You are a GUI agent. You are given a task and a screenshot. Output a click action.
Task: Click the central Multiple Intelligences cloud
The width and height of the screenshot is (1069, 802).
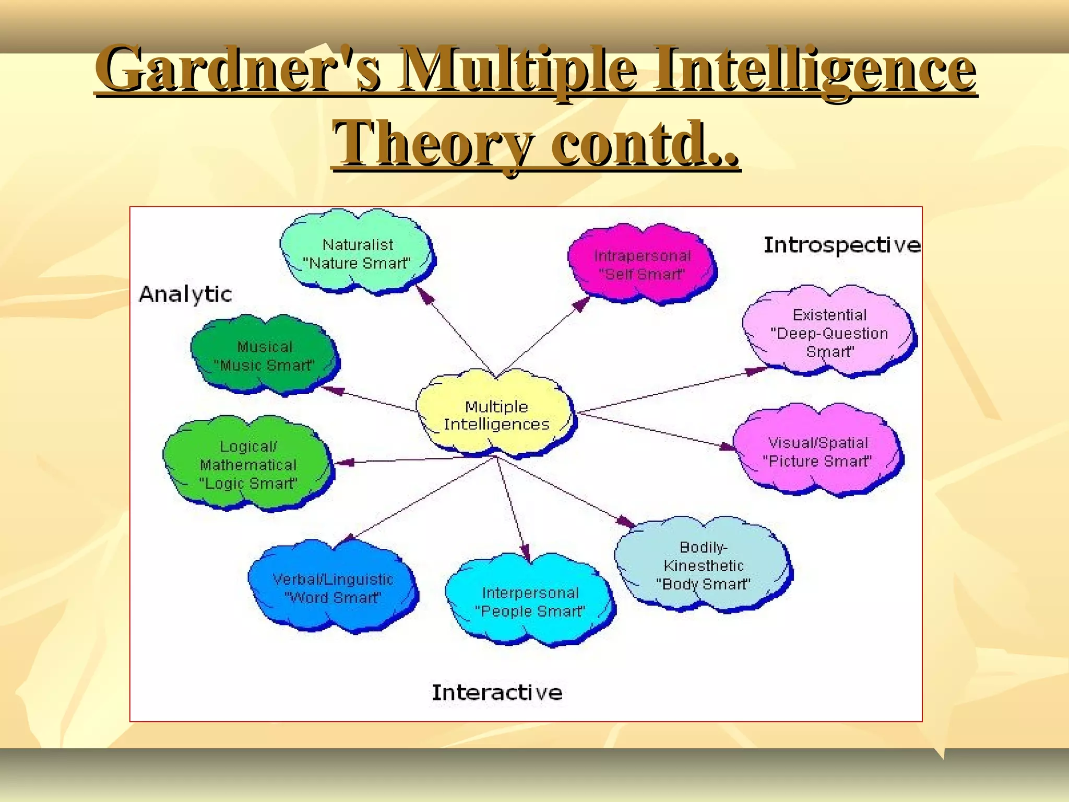[x=496, y=415]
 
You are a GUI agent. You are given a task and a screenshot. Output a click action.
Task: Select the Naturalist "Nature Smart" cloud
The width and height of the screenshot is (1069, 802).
[x=358, y=253]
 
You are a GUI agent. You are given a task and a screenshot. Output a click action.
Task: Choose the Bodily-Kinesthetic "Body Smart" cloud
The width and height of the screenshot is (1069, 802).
[x=703, y=565]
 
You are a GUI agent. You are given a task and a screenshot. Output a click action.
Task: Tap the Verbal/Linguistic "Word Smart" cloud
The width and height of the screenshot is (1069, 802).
[x=332, y=588]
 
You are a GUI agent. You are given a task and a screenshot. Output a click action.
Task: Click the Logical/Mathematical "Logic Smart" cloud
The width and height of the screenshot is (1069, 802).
[x=248, y=464]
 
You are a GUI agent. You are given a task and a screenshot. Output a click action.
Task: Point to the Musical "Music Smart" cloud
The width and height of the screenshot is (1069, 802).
[x=265, y=356]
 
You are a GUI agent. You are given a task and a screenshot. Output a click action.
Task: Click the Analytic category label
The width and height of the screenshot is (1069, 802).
[x=185, y=294]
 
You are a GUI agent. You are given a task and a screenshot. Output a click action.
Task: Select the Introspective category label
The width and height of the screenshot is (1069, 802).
[x=841, y=245]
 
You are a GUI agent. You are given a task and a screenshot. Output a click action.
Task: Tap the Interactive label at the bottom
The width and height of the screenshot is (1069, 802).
[x=497, y=693]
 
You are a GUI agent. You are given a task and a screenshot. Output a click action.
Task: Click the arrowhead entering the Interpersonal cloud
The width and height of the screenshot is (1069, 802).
[x=526, y=553]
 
